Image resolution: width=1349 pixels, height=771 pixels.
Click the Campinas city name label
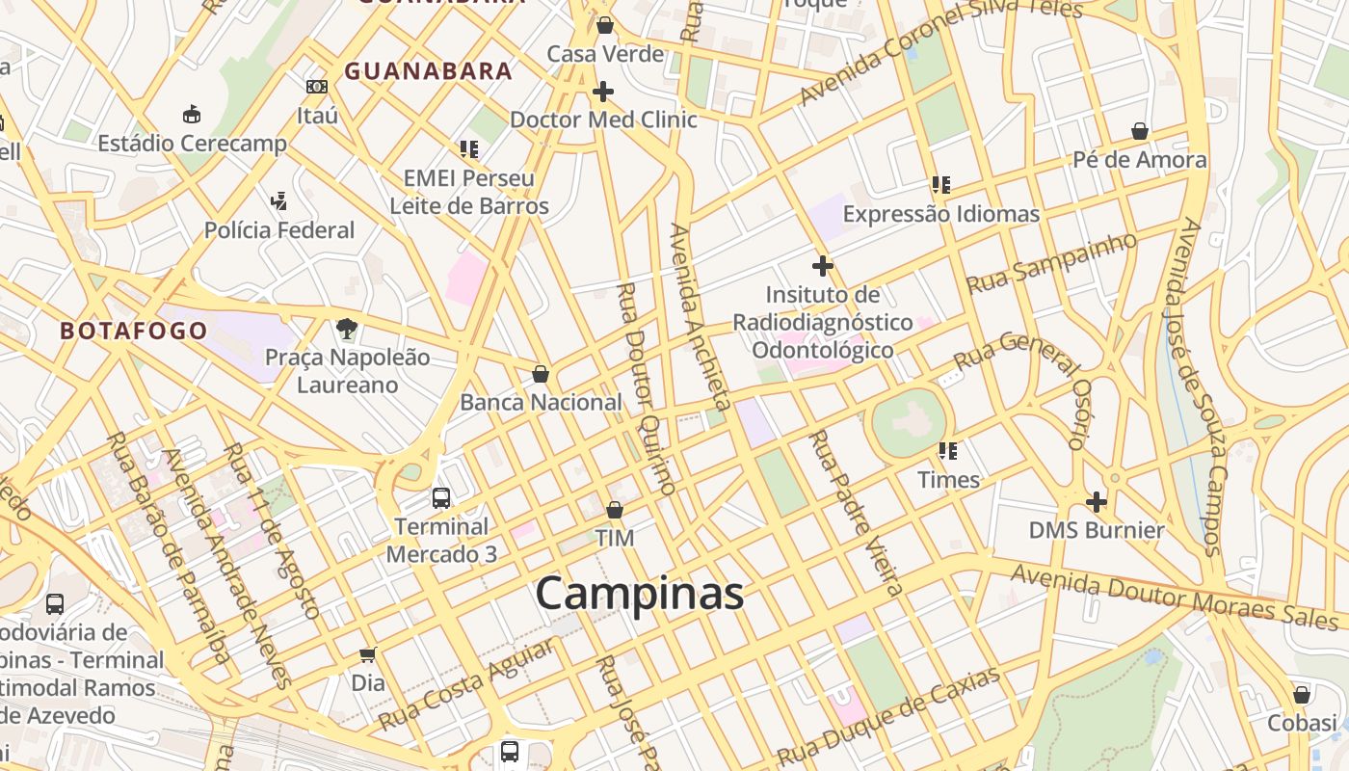639,593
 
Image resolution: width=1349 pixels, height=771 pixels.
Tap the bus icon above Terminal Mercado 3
441,498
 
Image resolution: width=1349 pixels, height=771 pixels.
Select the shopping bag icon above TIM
615,510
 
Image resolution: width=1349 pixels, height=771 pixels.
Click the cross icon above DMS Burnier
1097,502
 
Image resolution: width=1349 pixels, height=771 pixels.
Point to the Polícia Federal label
279,230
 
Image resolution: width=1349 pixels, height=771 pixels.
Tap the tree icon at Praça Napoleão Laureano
347,329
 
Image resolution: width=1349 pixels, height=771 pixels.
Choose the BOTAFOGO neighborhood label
134,332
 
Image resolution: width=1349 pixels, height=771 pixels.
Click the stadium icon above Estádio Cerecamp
192,115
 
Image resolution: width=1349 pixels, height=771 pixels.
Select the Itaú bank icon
317,87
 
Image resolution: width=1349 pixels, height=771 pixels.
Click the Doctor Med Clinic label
603,120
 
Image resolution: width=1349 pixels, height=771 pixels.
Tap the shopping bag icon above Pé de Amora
1140,131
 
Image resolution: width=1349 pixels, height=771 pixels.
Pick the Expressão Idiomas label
941,214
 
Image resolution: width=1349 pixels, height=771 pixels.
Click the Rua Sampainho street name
1051,262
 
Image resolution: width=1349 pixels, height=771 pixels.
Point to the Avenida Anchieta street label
701,317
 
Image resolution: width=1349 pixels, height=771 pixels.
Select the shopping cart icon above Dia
367,655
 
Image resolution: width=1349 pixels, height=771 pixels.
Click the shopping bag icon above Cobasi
1302,695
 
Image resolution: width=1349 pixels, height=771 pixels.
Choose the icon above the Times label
948,451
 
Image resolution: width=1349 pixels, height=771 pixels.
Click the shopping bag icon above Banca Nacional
541,374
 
